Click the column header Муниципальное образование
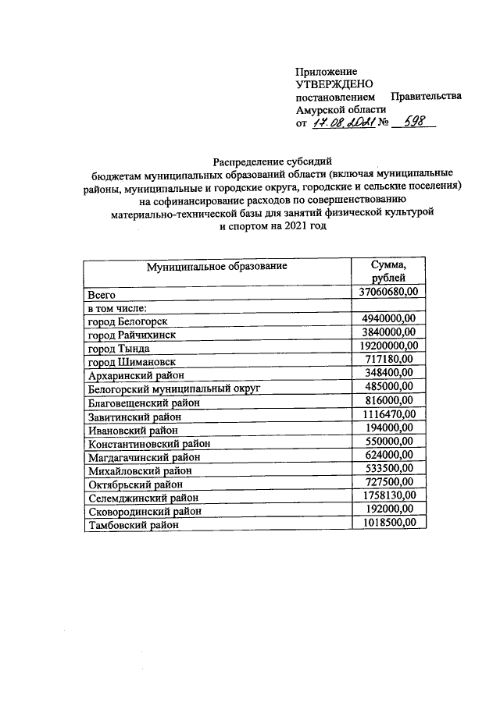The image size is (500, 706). pyautogui.click(x=217, y=267)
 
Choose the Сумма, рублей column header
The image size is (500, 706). pyautogui.click(x=388, y=272)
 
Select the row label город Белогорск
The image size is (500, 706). pyautogui.click(x=127, y=321)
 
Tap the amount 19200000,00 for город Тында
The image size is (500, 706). pyautogui.click(x=389, y=345)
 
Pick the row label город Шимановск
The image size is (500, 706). pyautogui.click(x=131, y=362)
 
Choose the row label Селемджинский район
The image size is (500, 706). pyautogui.click(x=142, y=497)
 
